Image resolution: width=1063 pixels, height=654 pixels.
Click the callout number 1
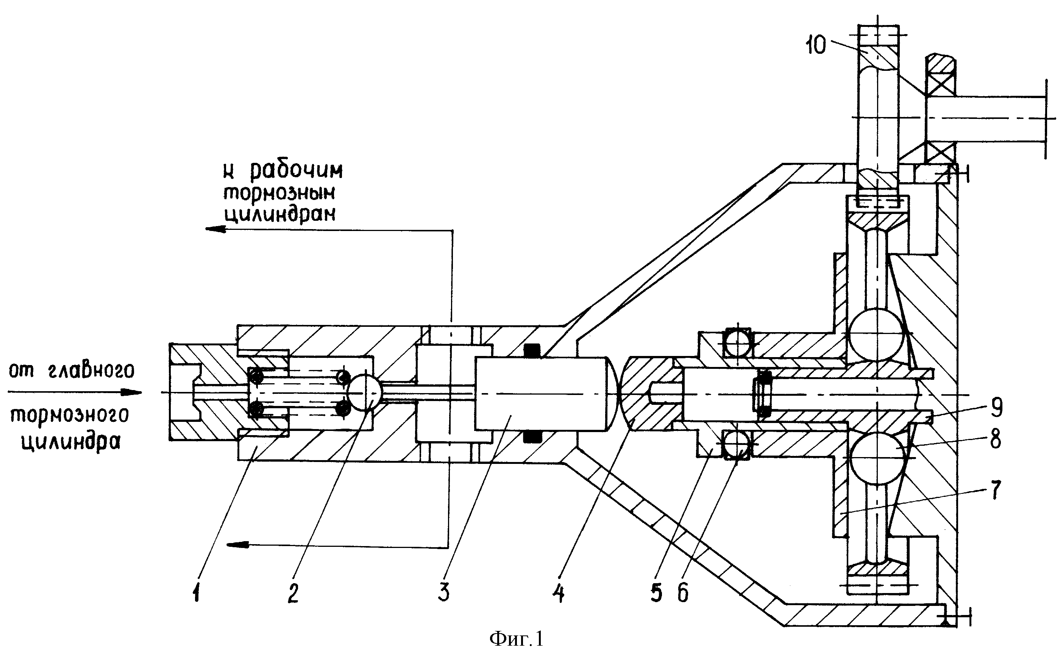[x=196, y=592]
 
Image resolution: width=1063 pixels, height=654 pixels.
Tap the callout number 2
[x=293, y=592]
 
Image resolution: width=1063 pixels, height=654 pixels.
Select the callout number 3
[x=443, y=592]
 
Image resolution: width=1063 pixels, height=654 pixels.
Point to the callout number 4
[x=558, y=592]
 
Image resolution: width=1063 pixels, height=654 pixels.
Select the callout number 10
[x=816, y=45]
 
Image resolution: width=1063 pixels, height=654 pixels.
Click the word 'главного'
[x=91, y=371]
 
